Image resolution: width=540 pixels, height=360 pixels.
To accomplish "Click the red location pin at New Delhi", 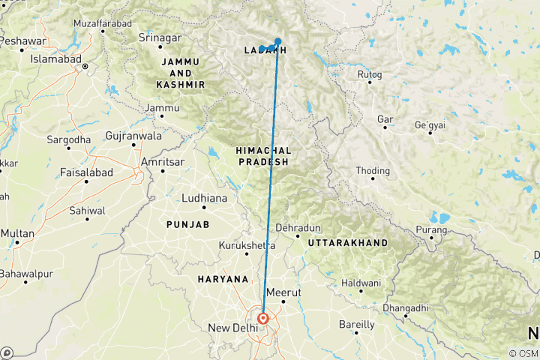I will [x=263, y=319].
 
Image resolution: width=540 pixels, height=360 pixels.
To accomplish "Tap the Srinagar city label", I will [x=161, y=37].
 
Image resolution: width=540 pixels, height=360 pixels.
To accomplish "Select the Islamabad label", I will [x=57, y=58].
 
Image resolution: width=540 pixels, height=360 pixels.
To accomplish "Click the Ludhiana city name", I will [x=204, y=198].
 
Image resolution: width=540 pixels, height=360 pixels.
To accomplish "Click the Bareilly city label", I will [x=357, y=325].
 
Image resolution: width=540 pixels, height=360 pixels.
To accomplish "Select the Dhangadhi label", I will [x=425, y=307].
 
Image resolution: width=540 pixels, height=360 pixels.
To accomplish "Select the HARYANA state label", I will [x=223, y=279].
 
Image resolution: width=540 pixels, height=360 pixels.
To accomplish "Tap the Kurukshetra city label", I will [x=246, y=245].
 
